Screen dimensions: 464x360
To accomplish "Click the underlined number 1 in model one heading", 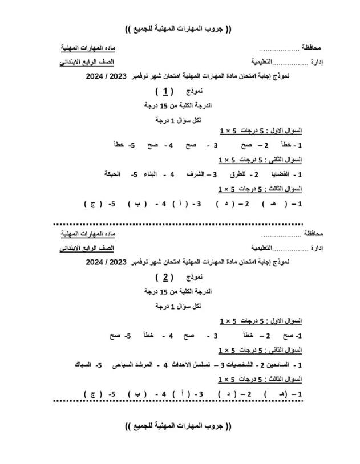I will (165, 91).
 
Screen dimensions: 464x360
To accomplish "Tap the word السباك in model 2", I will (84, 364).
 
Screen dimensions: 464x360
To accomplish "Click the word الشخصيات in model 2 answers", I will (236, 364).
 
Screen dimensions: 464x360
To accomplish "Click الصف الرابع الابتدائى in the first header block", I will (87, 62).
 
